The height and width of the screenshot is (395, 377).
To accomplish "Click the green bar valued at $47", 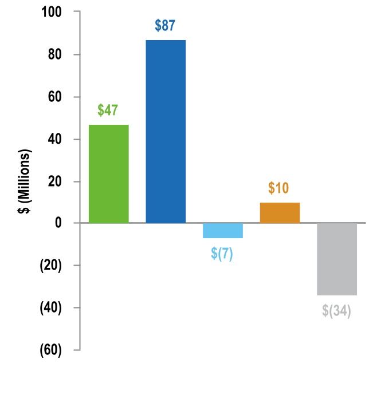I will click(x=109, y=173).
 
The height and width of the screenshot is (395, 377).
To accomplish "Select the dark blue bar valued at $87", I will click(x=166, y=131).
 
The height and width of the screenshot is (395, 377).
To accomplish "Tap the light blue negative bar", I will click(x=223, y=230).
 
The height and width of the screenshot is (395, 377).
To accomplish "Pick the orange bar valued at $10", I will click(x=280, y=212).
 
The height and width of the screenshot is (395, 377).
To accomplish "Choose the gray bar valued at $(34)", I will click(x=337, y=259).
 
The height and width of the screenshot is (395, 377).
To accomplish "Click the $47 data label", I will click(x=108, y=110).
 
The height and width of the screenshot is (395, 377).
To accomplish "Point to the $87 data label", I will click(x=166, y=26).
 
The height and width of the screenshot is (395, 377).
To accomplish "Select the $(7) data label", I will click(x=222, y=254).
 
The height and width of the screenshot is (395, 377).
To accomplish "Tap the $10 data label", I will click(x=279, y=188).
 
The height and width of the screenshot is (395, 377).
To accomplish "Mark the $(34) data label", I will click(x=336, y=311).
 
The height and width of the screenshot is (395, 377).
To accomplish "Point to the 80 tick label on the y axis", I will click(x=56, y=55).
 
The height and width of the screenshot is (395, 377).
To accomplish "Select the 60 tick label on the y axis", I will click(x=56, y=97).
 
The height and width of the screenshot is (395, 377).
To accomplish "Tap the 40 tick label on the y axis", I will click(x=56, y=139).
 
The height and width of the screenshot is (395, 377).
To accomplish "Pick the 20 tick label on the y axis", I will click(x=56, y=181).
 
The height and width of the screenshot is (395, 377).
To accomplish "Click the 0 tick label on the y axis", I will click(x=59, y=223).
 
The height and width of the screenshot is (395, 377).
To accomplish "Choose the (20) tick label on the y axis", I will click(x=52, y=266).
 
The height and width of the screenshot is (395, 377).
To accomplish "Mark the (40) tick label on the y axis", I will click(x=52, y=308).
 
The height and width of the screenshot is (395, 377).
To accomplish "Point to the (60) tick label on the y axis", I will click(x=52, y=350).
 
